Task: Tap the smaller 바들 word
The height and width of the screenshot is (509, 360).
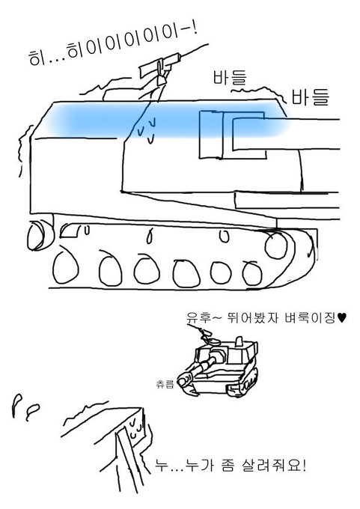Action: tap(230, 77)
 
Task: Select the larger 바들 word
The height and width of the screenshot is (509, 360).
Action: tap(310, 97)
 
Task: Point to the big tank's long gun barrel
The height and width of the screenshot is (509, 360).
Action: tap(286, 134)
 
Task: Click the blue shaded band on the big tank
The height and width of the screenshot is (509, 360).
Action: tap(165, 119)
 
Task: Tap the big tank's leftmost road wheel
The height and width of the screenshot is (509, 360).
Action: tap(66, 266)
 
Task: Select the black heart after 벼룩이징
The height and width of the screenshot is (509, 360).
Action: tap(342, 317)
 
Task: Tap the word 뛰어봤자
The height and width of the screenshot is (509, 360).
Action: tap(252, 317)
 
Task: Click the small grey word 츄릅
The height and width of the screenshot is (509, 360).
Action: tap(165, 385)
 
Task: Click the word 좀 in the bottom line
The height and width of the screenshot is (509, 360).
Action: tap(227, 466)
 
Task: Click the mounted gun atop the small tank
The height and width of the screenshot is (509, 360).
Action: tap(204, 335)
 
